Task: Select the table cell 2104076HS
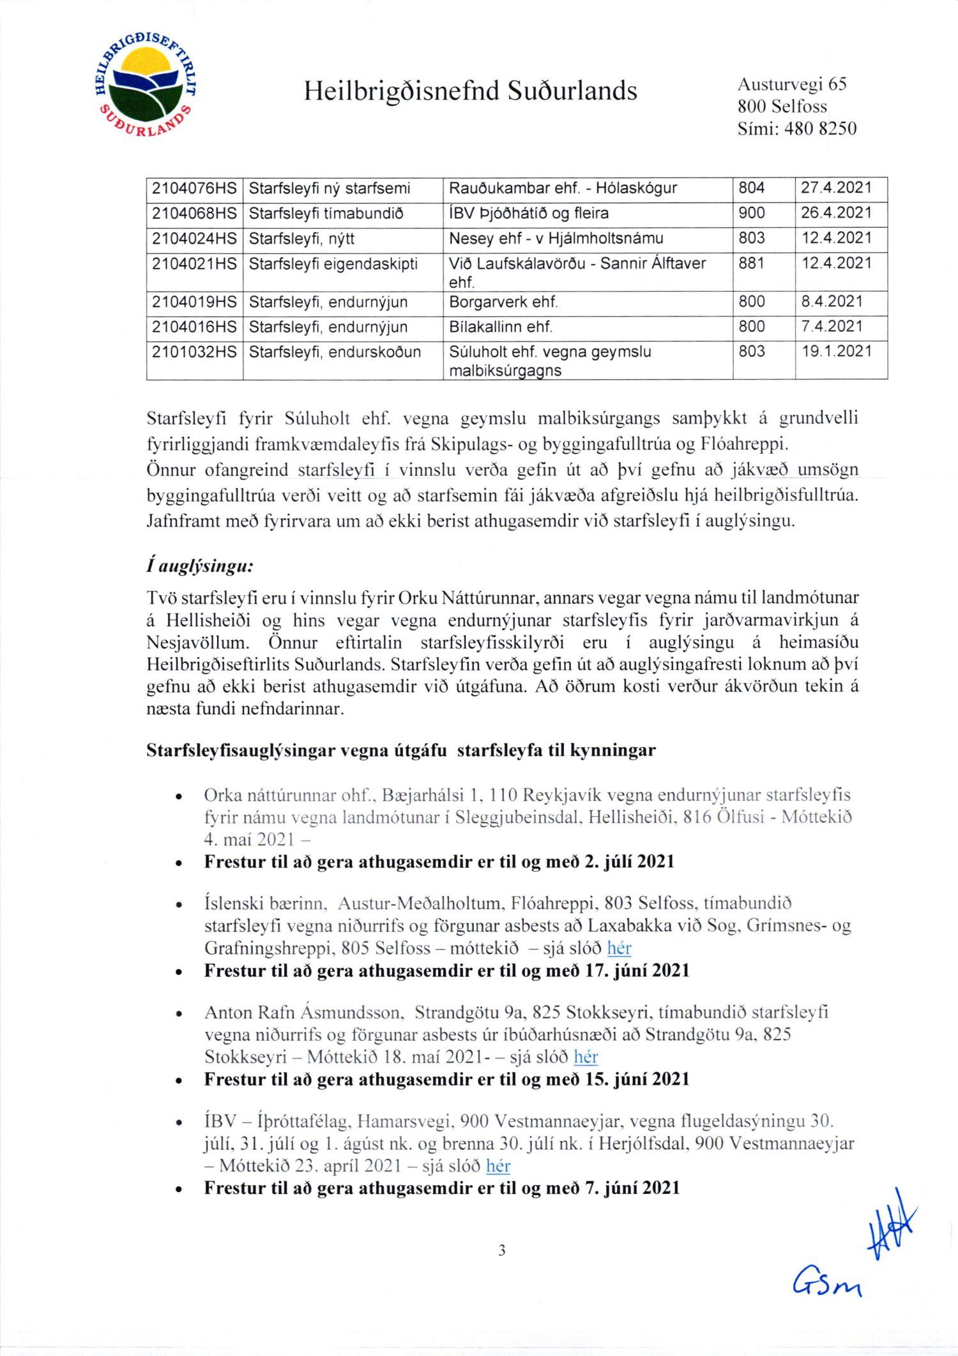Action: tap(194, 189)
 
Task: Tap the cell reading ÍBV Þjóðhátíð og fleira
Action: tap(529, 213)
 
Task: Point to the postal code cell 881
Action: tap(752, 264)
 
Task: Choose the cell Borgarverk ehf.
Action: tap(503, 302)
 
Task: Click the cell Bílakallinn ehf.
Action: tap(501, 327)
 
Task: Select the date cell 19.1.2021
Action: tap(837, 352)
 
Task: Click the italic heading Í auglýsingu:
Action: tap(200, 566)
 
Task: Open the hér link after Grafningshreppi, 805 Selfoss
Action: tap(619, 948)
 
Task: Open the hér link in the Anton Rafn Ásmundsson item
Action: tap(586, 1057)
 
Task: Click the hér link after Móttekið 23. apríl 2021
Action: tap(498, 1166)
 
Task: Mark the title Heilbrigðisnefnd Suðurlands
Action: tap(470, 91)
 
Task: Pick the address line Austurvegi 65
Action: tap(792, 84)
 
